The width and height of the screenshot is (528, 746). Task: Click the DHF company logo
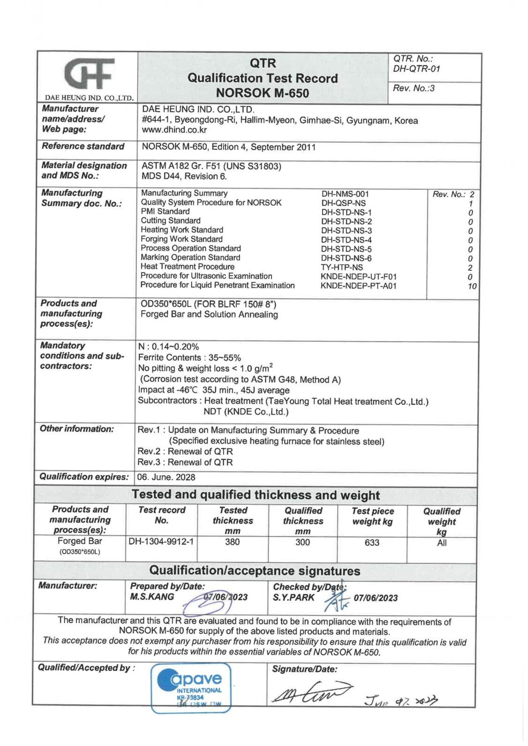click(x=89, y=74)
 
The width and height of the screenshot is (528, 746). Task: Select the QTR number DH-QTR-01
click(x=416, y=69)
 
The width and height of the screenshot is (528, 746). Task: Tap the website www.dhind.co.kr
click(x=174, y=130)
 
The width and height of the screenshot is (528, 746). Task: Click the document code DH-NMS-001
click(x=345, y=194)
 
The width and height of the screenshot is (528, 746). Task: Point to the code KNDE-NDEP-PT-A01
click(x=358, y=286)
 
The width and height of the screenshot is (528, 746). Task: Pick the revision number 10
click(x=472, y=286)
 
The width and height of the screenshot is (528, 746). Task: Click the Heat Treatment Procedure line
click(x=187, y=267)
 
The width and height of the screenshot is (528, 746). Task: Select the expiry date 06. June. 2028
click(x=166, y=477)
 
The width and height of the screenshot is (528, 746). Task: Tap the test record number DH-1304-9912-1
click(x=161, y=542)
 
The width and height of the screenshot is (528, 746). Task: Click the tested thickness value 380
click(x=232, y=542)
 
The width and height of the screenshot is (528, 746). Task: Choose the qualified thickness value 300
click(x=302, y=542)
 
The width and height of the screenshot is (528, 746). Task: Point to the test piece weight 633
click(x=372, y=543)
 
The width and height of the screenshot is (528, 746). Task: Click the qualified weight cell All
click(x=442, y=543)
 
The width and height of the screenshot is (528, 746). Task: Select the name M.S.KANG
click(x=152, y=597)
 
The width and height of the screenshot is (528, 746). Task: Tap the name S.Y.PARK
click(x=294, y=597)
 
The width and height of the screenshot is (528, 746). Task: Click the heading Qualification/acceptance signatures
click(x=255, y=571)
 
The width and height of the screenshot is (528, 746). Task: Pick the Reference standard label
click(x=83, y=146)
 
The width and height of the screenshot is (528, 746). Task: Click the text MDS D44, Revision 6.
click(x=184, y=177)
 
